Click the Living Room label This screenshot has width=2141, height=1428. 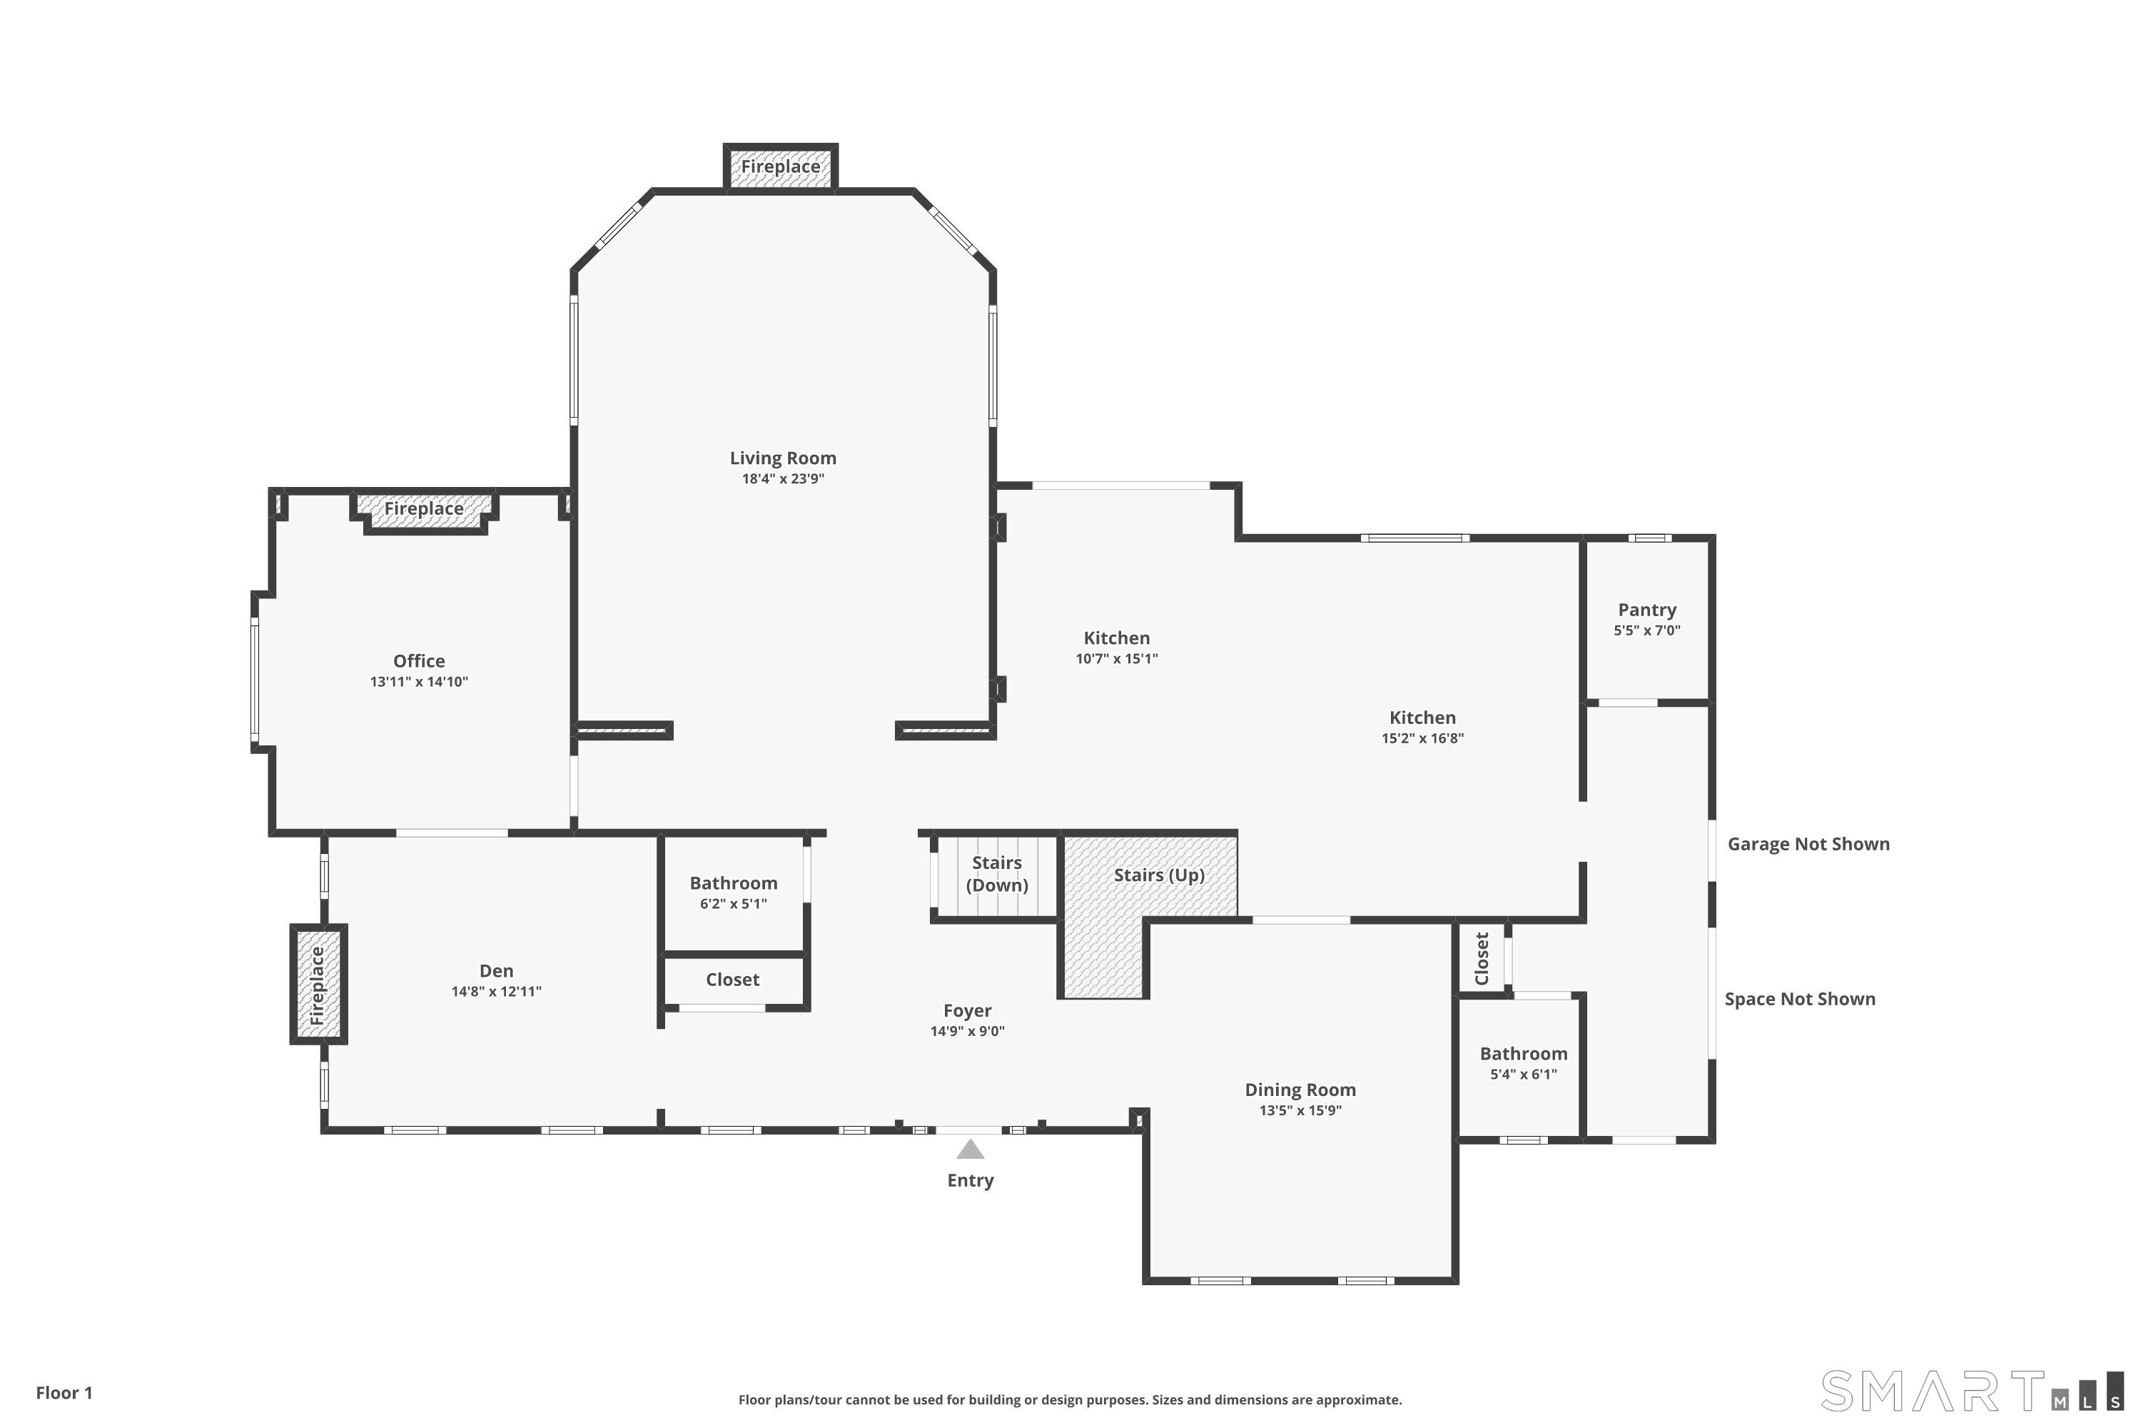tap(783, 458)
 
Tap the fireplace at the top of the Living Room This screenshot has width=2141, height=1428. tap(780, 166)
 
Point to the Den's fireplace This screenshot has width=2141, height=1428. tap(318, 985)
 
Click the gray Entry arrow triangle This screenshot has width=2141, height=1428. tap(971, 1150)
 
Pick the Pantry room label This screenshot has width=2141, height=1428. tap(1646, 610)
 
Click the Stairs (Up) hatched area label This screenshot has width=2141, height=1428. tap(1159, 875)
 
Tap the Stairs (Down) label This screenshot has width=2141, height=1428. tap(997, 873)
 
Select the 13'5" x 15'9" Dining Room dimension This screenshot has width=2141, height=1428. tap(1300, 1110)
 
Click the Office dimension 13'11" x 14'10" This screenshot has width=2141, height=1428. tap(419, 681)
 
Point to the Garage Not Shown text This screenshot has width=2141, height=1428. tap(1808, 844)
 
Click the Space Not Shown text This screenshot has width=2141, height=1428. tap(1800, 999)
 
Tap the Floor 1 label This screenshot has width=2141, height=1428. tap(65, 1392)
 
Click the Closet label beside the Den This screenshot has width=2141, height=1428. tap(733, 980)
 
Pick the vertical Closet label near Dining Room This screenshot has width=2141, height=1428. tap(1482, 958)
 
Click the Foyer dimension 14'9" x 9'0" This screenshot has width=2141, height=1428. tap(967, 1031)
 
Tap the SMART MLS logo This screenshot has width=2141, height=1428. tap(1972, 1391)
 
